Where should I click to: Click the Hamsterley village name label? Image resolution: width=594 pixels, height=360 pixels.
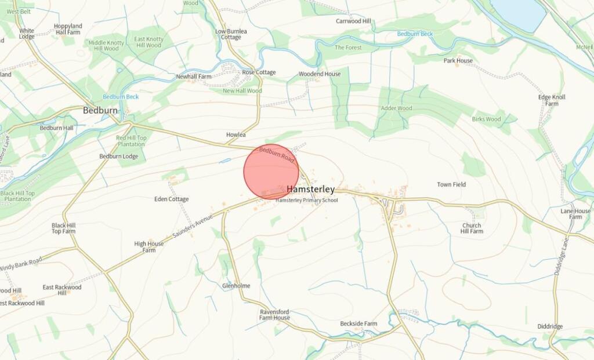[x=310, y=190]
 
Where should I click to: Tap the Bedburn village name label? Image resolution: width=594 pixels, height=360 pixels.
[x=100, y=110]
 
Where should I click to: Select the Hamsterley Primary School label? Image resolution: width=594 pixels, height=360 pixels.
[x=306, y=201]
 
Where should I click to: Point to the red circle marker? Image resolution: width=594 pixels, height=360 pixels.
[x=271, y=172]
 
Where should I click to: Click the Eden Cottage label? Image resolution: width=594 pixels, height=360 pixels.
[x=171, y=199]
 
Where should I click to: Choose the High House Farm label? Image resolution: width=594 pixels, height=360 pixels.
[x=149, y=247]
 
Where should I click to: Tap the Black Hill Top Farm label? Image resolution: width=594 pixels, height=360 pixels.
[x=64, y=228]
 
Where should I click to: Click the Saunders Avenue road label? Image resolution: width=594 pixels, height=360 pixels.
[x=193, y=227]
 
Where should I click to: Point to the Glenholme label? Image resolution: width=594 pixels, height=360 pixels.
[x=236, y=286]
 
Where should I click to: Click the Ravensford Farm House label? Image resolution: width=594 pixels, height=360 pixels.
[x=274, y=315]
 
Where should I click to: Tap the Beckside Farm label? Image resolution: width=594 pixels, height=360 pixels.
[x=358, y=323]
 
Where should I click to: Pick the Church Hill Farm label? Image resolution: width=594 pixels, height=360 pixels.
[x=472, y=228]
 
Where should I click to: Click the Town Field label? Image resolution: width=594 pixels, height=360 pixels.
[x=451, y=185]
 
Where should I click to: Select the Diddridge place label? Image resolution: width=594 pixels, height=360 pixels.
[x=549, y=326]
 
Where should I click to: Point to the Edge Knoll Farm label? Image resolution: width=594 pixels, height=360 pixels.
[x=552, y=100]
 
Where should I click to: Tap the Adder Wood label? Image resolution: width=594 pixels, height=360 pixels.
[x=396, y=108]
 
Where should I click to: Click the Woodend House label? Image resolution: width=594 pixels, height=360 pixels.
[x=320, y=74]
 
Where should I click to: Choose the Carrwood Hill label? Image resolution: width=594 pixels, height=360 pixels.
[x=353, y=21]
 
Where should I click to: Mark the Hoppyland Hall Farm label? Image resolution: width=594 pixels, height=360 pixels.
[x=68, y=30]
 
